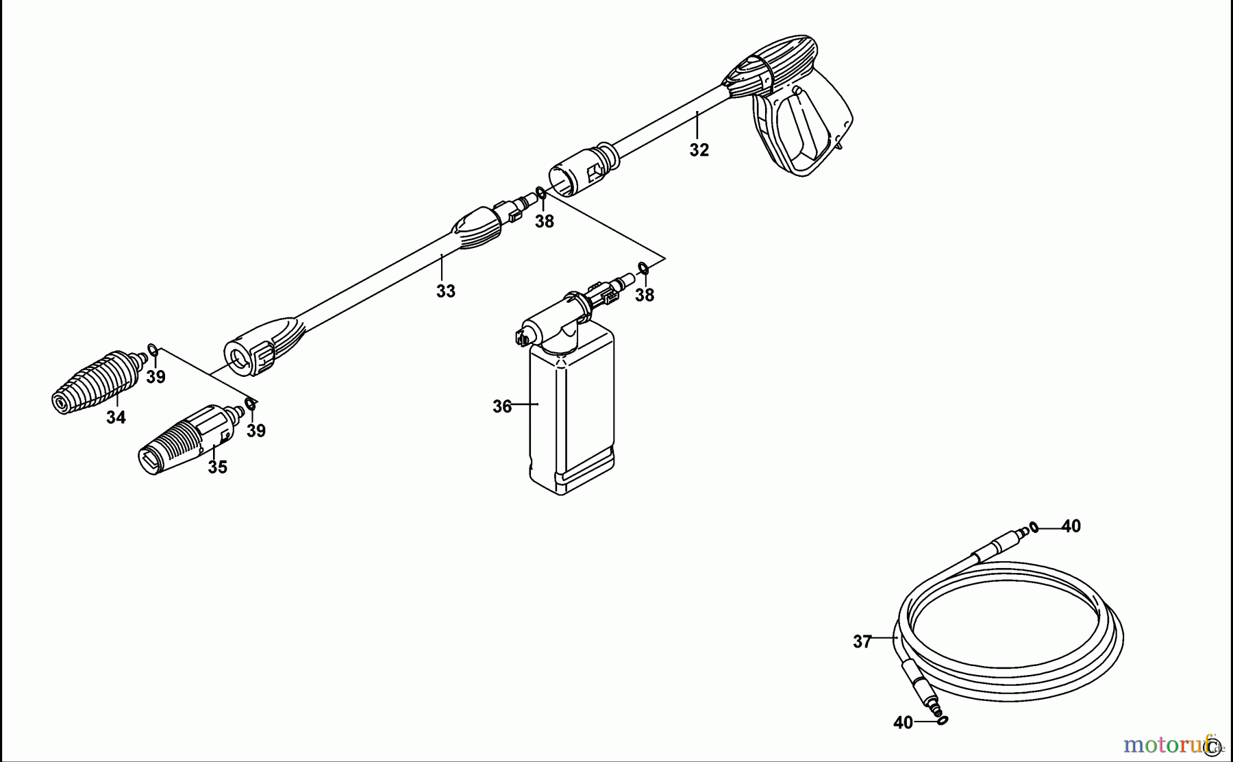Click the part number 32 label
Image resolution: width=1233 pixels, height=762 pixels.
click(x=699, y=150)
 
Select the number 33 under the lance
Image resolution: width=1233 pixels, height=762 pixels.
click(x=445, y=291)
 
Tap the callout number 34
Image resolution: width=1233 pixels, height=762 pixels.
click(x=116, y=417)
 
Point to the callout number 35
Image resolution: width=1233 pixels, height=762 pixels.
click(x=217, y=467)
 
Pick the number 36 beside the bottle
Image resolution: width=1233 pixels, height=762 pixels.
click(x=502, y=406)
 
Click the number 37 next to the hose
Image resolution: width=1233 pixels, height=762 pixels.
click(x=862, y=642)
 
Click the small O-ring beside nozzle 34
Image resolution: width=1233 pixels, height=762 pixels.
click(x=153, y=352)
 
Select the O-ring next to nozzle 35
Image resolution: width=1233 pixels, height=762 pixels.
click(x=251, y=404)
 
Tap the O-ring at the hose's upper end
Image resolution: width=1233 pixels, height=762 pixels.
click(x=1033, y=527)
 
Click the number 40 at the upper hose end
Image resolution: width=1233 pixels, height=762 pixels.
click(x=1071, y=526)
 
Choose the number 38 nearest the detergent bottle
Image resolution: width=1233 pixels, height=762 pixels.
click(x=644, y=295)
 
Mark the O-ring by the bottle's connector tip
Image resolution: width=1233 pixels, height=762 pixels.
click(x=643, y=267)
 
